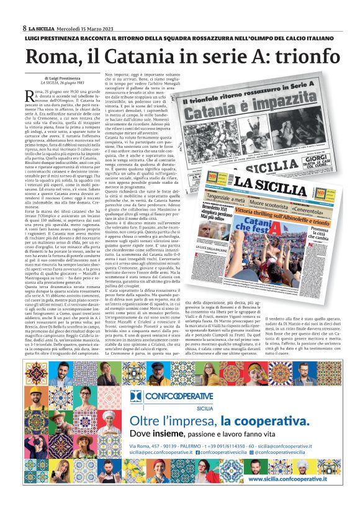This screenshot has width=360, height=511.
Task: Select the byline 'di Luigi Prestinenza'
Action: [61, 78]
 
